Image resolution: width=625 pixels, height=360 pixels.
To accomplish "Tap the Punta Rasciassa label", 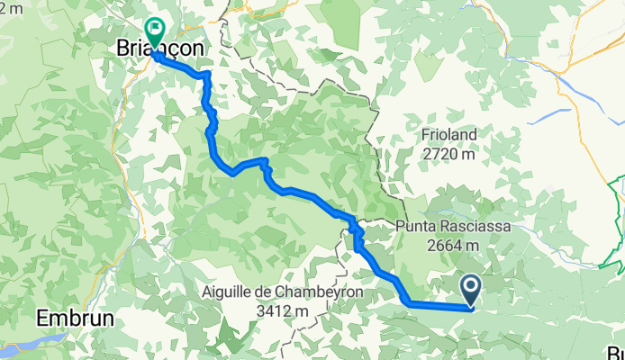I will pos(449,226).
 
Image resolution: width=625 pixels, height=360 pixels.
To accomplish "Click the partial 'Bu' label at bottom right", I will pos(616,352).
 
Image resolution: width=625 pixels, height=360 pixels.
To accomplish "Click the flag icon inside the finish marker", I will pos(155,30).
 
